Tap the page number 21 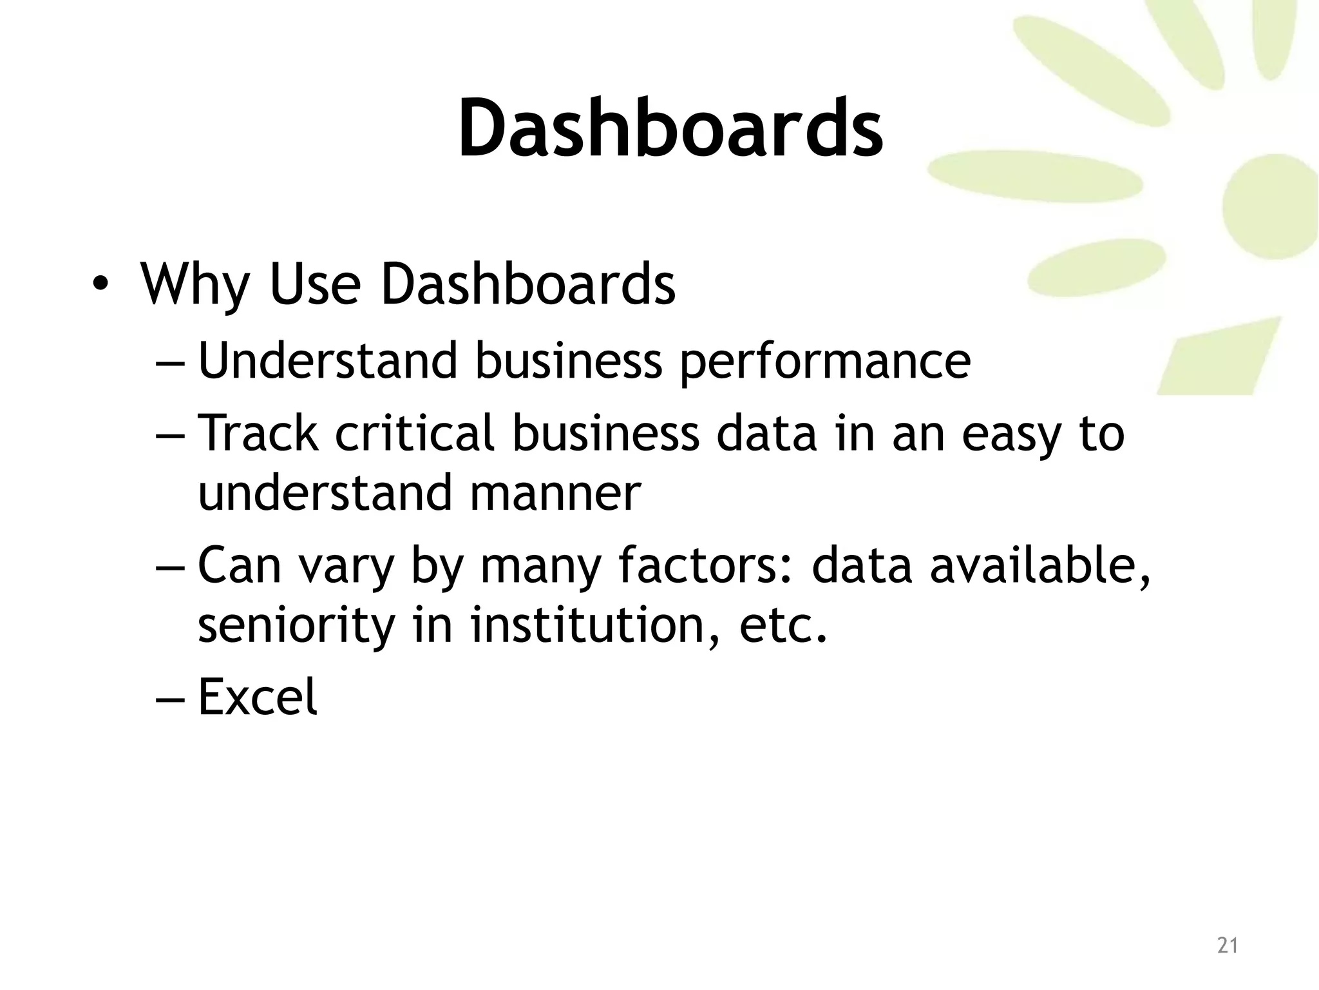[x=1228, y=946]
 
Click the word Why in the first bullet [x=195, y=285]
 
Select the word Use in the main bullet [x=314, y=285]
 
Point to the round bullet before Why [x=100, y=285]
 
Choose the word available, [x=1039, y=566]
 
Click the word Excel [x=258, y=697]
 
